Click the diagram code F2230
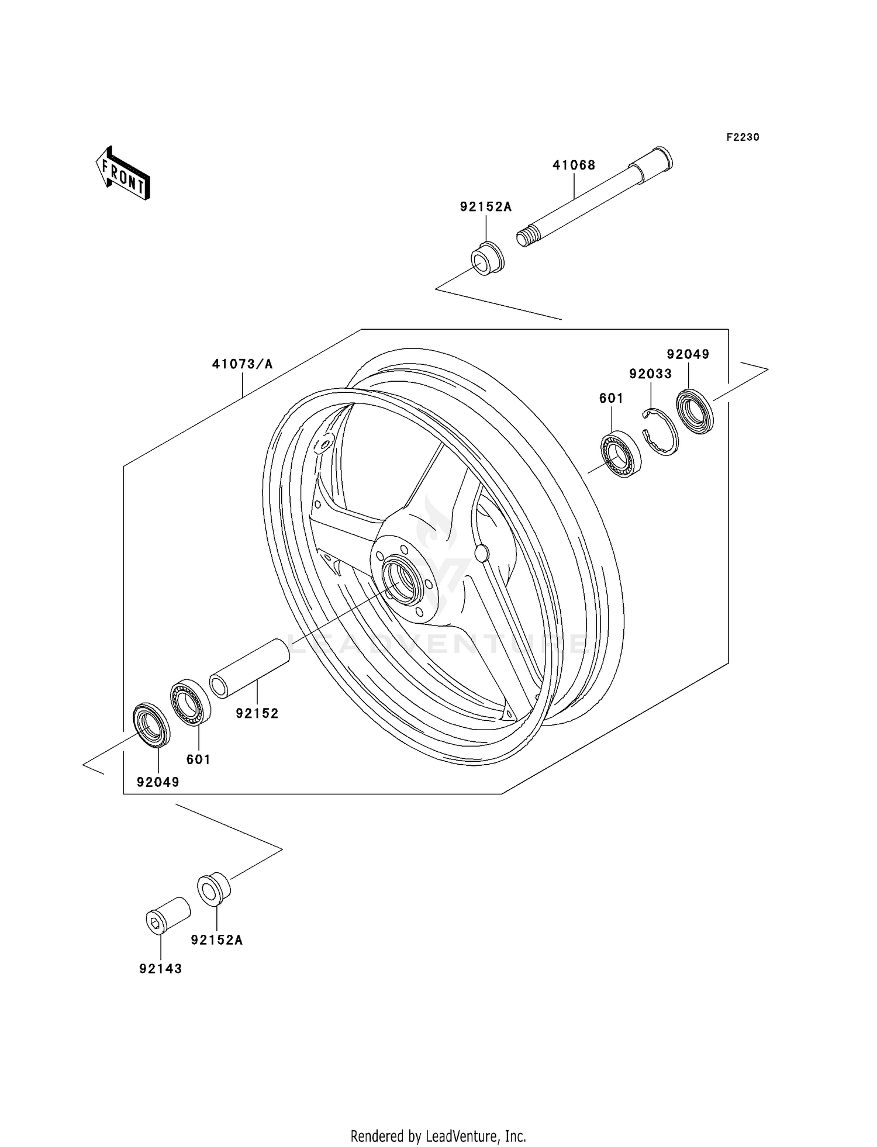pos(743,137)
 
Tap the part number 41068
pos(574,165)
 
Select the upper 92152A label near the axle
pos(485,207)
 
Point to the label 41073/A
pos(242,364)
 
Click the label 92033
pos(650,374)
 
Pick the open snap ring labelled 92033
pos(661,433)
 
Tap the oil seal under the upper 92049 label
pos(695,412)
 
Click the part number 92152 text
pos(257,713)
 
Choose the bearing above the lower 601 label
pos(191,702)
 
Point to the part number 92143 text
pos(160,969)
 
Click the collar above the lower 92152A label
pos(214,890)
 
